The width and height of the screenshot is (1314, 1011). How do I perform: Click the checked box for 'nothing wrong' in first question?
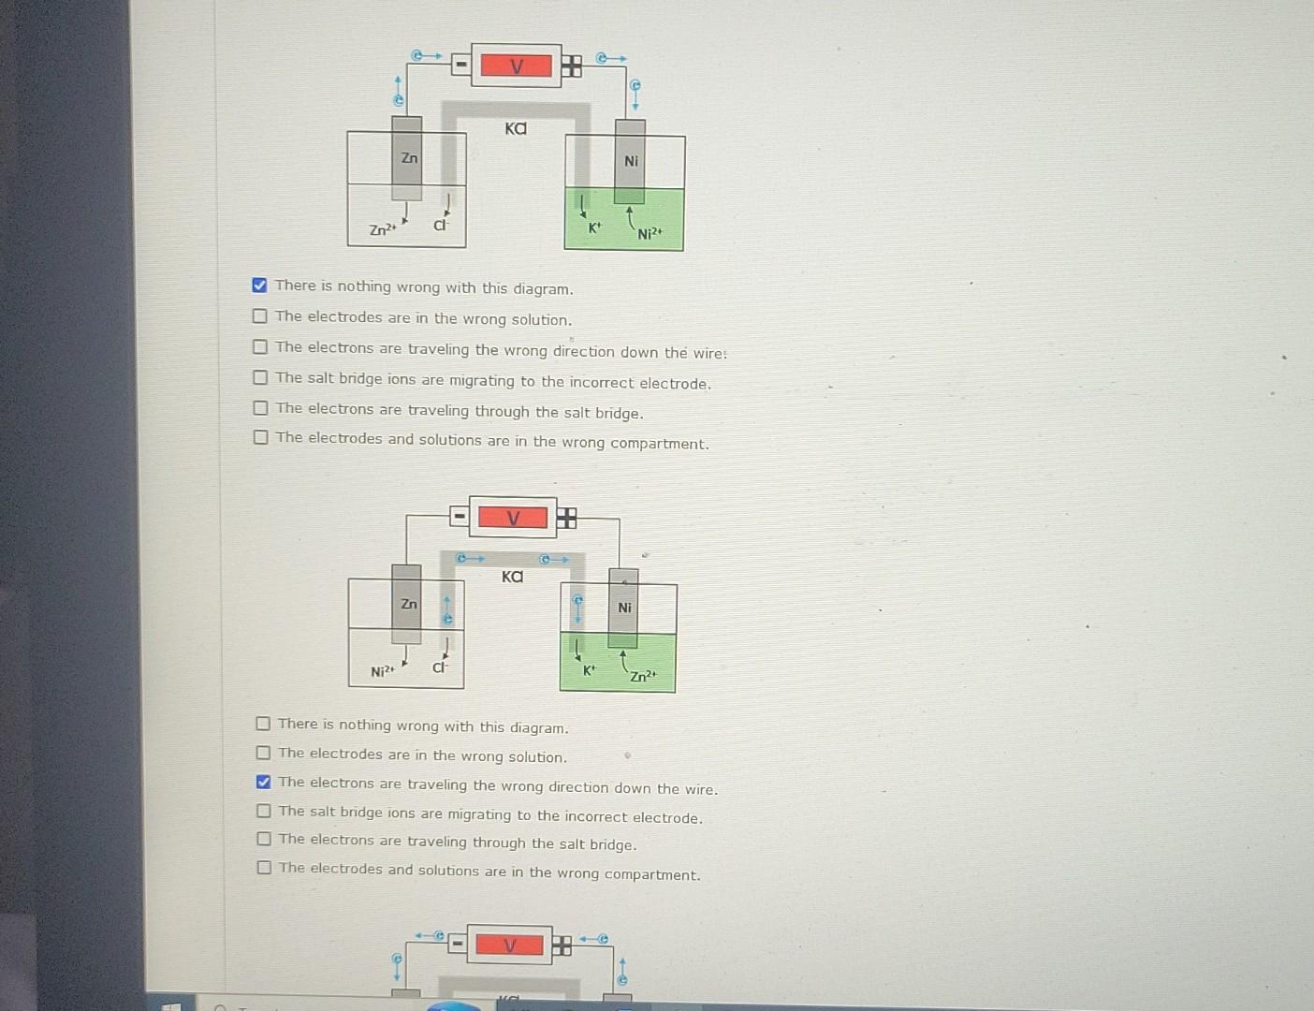[259, 286]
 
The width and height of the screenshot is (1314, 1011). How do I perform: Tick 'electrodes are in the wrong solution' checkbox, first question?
[260, 316]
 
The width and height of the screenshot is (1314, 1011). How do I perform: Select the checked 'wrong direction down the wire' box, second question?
[263, 782]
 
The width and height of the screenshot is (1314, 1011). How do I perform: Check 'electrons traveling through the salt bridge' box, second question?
[264, 839]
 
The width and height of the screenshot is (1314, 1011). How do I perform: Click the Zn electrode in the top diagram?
[407, 158]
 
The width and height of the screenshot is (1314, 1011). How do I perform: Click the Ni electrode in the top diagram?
[630, 161]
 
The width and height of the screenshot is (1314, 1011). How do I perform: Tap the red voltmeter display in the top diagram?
[516, 66]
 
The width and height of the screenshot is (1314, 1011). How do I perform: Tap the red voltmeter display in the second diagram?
[512, 518]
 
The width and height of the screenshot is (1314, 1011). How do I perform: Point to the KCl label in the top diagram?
[516, 128]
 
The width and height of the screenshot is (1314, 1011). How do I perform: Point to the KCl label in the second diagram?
[512, 577]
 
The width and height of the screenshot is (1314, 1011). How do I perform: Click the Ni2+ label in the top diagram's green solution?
[650, 233]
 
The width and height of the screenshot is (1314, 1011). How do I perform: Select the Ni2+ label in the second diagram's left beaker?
[383, 671]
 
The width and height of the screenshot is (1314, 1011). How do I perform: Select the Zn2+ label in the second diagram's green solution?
[643, 676]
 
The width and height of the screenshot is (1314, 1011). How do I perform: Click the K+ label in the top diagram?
[593, 227]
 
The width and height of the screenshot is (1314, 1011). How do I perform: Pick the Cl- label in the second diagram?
[440, 668]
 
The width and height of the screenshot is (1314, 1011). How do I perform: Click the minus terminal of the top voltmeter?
[460, 65]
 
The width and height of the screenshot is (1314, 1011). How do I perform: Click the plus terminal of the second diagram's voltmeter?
[566, 519]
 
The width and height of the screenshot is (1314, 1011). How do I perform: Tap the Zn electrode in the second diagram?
[407, 604]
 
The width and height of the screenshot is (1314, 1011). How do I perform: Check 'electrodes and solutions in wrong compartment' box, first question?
[261, 437]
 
